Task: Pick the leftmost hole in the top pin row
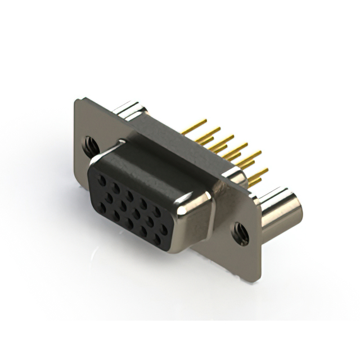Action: (101, 181)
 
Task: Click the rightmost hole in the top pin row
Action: (156, 211)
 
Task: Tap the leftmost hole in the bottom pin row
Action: (102, 208)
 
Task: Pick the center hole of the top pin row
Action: (129, 196)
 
